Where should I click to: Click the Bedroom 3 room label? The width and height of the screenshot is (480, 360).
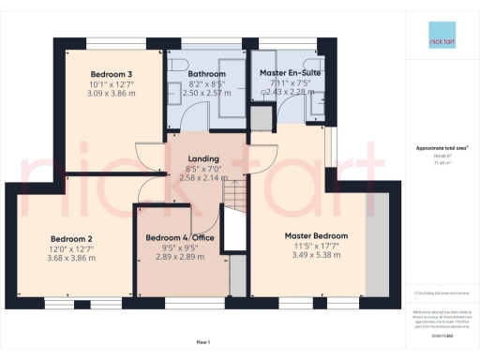[x=111, y=73]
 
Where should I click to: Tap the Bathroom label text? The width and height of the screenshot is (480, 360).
[x=206, y=73]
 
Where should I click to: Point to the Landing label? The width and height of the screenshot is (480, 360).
[x=203, y=159]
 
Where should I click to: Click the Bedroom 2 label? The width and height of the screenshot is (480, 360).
[x=70, y=237]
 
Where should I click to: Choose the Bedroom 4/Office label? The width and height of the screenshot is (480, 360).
[x=181, y=237]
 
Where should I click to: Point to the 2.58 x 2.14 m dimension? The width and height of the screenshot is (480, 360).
[x=203, y=177]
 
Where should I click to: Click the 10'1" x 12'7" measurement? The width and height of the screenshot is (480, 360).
[x=111, y=84]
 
